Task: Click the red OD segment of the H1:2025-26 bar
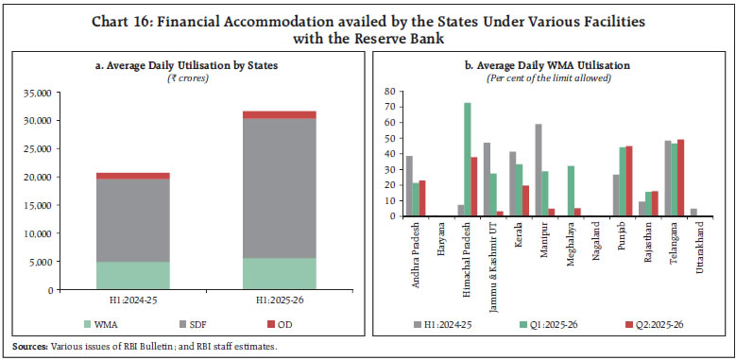(x=280, y=114)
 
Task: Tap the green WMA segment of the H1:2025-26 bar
(x=280, y=273)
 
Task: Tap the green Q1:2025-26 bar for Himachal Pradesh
(x=467, y=159)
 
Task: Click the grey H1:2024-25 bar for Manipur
(x=538, y=170)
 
